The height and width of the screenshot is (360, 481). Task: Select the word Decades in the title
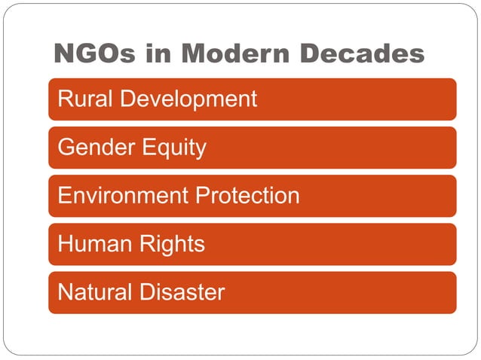pyautogui.click(x=362, y=53)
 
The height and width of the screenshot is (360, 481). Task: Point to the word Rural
pyautogui.click(x=81, y=99)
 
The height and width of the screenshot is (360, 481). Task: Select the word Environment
pyautogui.click(x=123, y=196)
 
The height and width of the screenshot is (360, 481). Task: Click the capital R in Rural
pyautogui.click(x=65, y=99)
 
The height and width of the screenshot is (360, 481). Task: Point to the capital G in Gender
pyautogui.click(x=66, y=148)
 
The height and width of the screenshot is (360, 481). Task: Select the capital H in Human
pyautogui.click(x=65, y=244)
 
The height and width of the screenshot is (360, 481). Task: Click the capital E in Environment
pyautogui.click(x=64, y=196)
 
